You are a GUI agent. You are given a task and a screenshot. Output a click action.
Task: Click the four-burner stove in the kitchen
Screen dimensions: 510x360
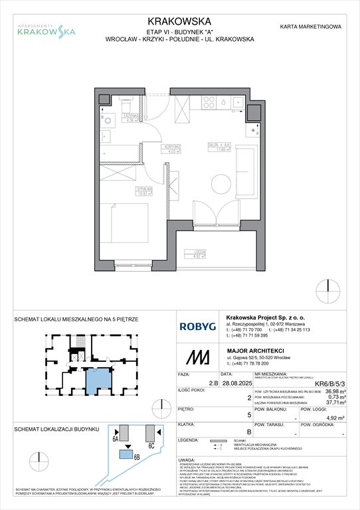(x=207, y=102)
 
